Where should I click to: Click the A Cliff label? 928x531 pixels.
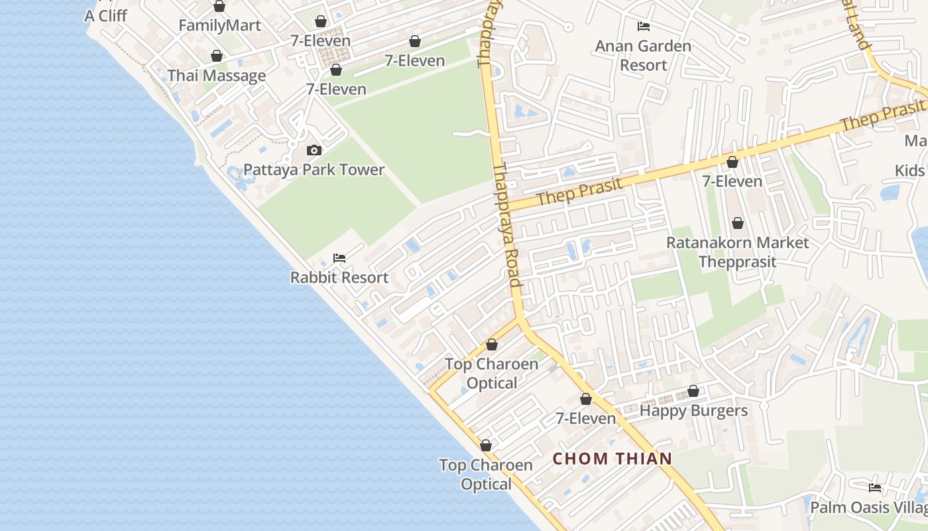[x=105, y=15]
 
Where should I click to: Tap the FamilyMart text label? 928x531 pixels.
[x=219, y=26]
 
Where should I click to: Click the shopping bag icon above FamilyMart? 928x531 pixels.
[x=219, y=7]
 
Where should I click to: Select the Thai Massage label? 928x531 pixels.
[x=217, y=76]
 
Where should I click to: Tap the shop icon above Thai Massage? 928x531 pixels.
[x=217, y=56]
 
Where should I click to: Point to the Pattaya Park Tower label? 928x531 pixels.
[x=314, y=170]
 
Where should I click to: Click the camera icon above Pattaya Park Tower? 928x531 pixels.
[x=314, y=151]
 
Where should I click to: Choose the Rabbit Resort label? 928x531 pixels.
[x=339, y=277]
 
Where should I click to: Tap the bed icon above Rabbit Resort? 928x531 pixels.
[x=339, y=258]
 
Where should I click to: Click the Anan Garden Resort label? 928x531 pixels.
[x=643, y=56]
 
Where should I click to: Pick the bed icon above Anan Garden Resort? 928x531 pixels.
[x=643, y=27]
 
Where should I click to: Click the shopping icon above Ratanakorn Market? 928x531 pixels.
[x=737, y=224]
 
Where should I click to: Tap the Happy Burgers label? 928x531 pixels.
[x=693, y=411]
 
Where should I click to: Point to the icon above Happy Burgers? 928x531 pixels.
[x=693, y=392]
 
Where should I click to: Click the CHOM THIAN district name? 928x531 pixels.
[x=612, y=459]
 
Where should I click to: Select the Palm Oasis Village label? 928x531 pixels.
[x=869, y=508]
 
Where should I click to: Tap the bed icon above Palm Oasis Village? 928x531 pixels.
[x=875, y=488]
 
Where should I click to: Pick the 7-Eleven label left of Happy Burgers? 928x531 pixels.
[x=586, y=419]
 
